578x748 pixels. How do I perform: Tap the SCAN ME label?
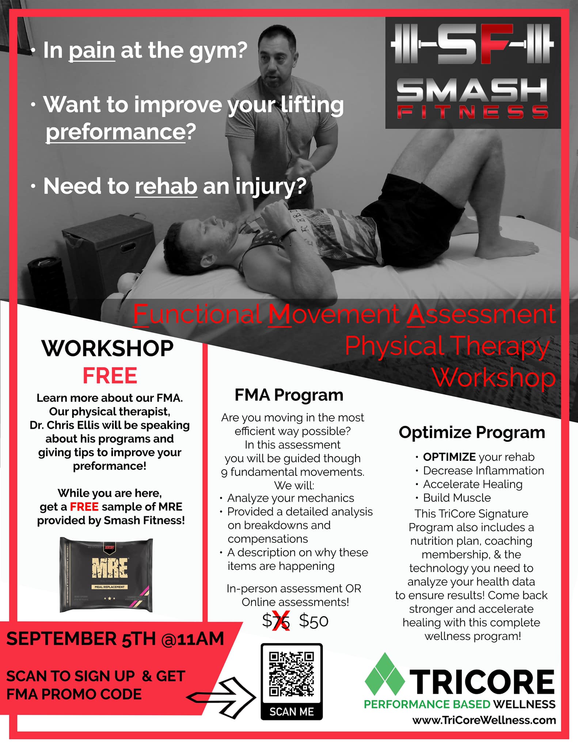pyautogui.click(x=292, y=711)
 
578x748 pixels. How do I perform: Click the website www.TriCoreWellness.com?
pyautogui.click(x=484, y=720)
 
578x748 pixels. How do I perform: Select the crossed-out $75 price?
pyautogui.click(x=276, y=621)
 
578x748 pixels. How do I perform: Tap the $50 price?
pyautogui.click(x=313, y=621)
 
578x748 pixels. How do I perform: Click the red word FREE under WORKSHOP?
pyautogui.click(x=110, y=375)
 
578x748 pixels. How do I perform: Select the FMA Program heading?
pyautogui.click(x=289, y=395)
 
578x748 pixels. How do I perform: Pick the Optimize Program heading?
pyautogui.click(x=472, y=433)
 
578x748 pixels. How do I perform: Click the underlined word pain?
pyautogui.click(x=92, y=50)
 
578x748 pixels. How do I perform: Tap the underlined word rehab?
pyautogui.click(x=166, y=186)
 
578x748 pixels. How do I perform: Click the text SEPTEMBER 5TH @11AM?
pyautogui.click(x=115, y=639)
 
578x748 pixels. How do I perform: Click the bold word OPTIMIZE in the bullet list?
pyautogui.click(x=449, y=457)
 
